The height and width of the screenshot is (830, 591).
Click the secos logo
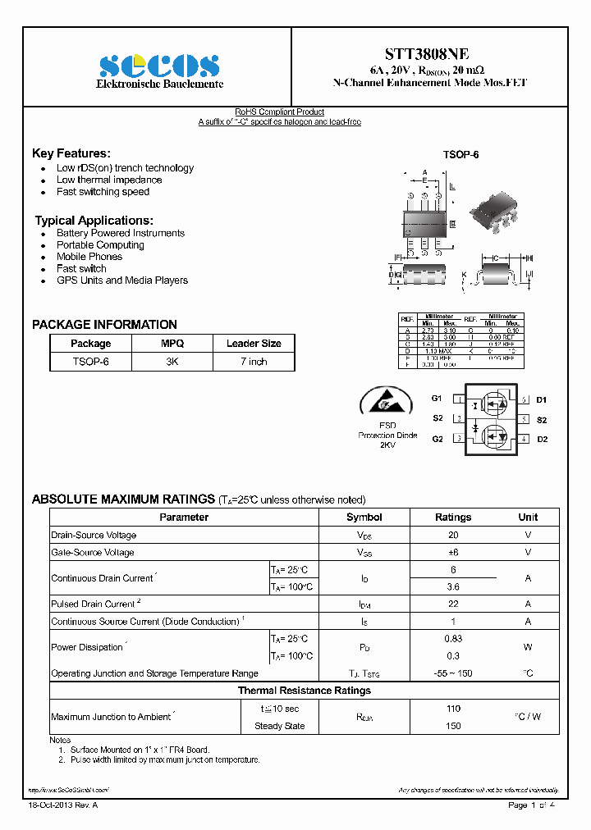click(x=159, y=66)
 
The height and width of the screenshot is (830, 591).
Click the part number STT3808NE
click(x=430, y=54)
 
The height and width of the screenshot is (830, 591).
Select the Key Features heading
click(x=71, y=153)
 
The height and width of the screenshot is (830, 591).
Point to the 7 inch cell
click(x=254, y=362)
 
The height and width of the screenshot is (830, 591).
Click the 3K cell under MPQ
click(x=172, y=362)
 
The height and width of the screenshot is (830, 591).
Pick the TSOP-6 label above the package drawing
click(x=460, y=154)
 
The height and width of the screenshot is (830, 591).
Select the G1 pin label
click(x=437, y=399)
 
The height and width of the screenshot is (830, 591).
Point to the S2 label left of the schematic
click(x=437, y=419)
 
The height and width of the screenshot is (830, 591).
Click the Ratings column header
click(x=452, y=518)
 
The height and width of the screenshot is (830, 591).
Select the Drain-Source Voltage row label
click(x=94, y=535)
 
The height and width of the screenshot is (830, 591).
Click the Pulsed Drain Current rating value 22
click(x=453, y=604)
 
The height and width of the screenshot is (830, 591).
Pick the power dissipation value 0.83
click(x=453, y=638)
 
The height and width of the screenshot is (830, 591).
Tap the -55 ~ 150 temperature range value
click(x=453, y=673)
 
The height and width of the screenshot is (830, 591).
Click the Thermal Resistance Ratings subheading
click(x=304, y=691)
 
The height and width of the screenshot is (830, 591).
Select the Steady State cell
click(x=279, y=726)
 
